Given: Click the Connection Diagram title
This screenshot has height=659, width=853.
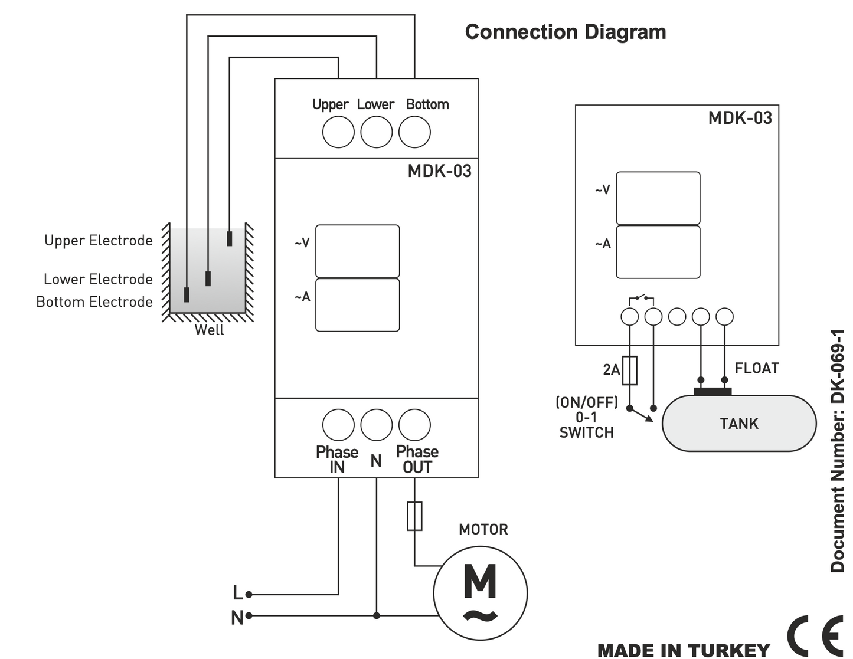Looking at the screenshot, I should (565, 32).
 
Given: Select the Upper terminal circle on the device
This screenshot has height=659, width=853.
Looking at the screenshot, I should (338, 132).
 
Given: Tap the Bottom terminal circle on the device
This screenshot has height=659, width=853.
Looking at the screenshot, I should (414, 132).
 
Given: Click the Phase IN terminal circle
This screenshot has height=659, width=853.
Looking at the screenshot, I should (338, 425).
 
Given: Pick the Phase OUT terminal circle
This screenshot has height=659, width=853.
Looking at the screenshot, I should (414, 425).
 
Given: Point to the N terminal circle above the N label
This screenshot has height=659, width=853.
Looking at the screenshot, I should (377, 425).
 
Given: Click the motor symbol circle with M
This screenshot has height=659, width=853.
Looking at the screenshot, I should (480, 593).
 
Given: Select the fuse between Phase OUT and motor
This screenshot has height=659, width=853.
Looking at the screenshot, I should (414, 516).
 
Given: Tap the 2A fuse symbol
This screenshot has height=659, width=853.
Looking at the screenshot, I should (630, 371).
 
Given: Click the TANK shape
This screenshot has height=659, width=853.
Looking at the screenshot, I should (738, 423).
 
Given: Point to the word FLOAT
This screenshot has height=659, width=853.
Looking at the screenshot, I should (757, 368).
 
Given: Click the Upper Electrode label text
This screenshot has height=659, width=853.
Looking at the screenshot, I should (98, 240).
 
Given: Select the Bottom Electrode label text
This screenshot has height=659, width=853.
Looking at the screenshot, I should (94, 301).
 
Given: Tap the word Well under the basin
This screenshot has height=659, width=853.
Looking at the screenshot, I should (209, 330).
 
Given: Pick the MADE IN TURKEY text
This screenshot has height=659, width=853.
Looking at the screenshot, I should (684, 650).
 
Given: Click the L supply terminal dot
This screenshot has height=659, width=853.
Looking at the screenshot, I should (249, 594).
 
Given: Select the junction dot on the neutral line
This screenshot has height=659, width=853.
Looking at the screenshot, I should (377, 615).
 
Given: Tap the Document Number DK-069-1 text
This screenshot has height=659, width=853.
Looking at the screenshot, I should (838, 451).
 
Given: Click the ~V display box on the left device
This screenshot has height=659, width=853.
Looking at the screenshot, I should (357, 251).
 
